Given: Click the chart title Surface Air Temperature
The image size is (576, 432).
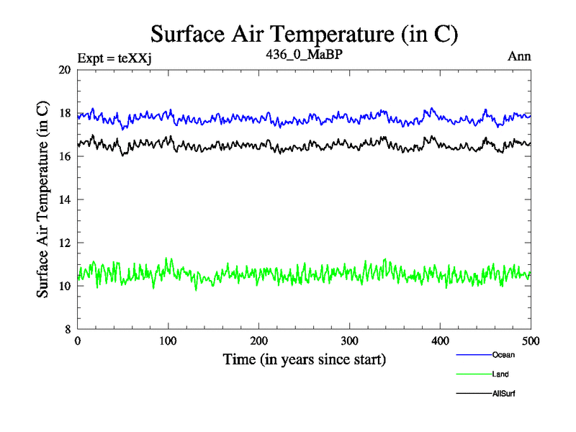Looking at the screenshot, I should tap(304, 34).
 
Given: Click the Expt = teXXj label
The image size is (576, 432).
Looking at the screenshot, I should tap(115, 57).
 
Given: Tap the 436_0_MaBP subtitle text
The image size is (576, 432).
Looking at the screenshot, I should tap(304, 55).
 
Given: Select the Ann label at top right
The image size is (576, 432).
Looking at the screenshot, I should tap(520, 57).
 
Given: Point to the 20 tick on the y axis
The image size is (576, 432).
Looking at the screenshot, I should tap(64, 70).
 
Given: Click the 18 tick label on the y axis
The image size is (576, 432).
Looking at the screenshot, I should tap(64, 113).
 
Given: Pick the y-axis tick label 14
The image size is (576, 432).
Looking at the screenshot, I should tap(64, 199).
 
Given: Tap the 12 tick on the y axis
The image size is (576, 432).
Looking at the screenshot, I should tap(64, 243).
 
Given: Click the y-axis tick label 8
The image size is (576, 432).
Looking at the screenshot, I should tap(67, 329).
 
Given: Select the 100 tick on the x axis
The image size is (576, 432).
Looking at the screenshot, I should tap(168, 341).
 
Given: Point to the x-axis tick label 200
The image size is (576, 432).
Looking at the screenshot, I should tap(259, 341).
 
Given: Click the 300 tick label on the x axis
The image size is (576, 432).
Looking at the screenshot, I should tap(350, 341).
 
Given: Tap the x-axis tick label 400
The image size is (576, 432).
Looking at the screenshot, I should tap(441, 341).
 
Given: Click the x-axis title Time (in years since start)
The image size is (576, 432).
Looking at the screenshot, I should tap(304, 359).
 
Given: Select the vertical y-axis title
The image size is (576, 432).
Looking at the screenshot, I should tap(42, 199).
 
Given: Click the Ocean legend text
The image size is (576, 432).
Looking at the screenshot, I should tap(503, 354).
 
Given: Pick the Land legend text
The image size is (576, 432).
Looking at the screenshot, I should tap(501, 374).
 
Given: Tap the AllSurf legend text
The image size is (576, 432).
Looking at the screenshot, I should tap(504, 394).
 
